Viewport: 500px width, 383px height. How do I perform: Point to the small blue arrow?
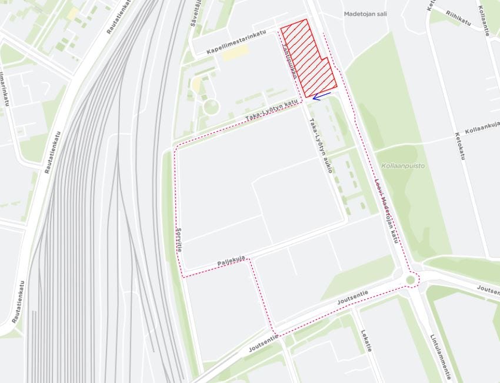(321, 95)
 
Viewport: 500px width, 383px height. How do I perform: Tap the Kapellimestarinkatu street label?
(236, 43)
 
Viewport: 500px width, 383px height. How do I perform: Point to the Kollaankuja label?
(481, 128)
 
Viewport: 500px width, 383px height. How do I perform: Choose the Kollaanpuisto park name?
(402, 166)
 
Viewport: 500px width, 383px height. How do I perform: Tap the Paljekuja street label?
(231, 258)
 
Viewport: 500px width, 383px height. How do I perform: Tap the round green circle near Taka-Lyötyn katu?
(211, 106)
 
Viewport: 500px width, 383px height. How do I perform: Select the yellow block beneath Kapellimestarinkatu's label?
(235, 53)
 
